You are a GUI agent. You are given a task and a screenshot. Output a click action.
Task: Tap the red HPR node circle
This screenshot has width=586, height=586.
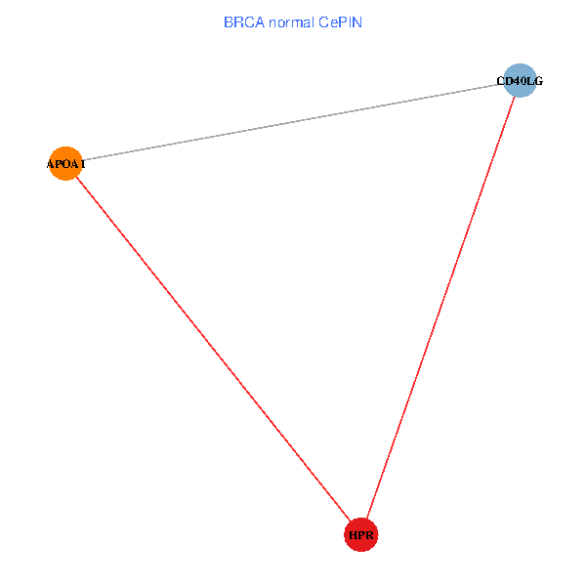point(360,535)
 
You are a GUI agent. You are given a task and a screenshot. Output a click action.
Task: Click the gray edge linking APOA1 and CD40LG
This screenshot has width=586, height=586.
point(293,122)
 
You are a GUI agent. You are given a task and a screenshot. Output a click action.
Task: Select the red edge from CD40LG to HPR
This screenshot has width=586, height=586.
point(439,308)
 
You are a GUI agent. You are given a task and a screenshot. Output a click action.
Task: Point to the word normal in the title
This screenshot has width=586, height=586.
point(291,22)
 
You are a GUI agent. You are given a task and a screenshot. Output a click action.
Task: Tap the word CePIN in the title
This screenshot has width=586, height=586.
point(340,22)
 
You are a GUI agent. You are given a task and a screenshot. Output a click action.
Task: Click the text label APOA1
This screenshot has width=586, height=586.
point(65,164)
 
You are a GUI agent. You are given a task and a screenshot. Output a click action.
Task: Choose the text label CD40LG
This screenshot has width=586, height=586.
point(520,81)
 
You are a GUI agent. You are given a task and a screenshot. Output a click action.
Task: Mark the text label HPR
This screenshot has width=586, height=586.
point(360,535)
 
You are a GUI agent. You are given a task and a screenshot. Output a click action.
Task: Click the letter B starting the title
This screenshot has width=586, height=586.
point(229,22)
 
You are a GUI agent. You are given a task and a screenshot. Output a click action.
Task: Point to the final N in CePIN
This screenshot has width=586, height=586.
point(357,22)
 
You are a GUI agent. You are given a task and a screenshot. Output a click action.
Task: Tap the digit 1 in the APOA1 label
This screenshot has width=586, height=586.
point(83,164)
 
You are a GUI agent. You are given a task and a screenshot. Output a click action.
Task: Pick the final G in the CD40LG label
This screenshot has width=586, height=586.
point(538,81)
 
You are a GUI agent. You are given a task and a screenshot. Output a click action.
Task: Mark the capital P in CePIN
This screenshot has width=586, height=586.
point(340,22)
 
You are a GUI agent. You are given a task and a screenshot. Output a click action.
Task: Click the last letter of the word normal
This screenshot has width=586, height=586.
point(312,22)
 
